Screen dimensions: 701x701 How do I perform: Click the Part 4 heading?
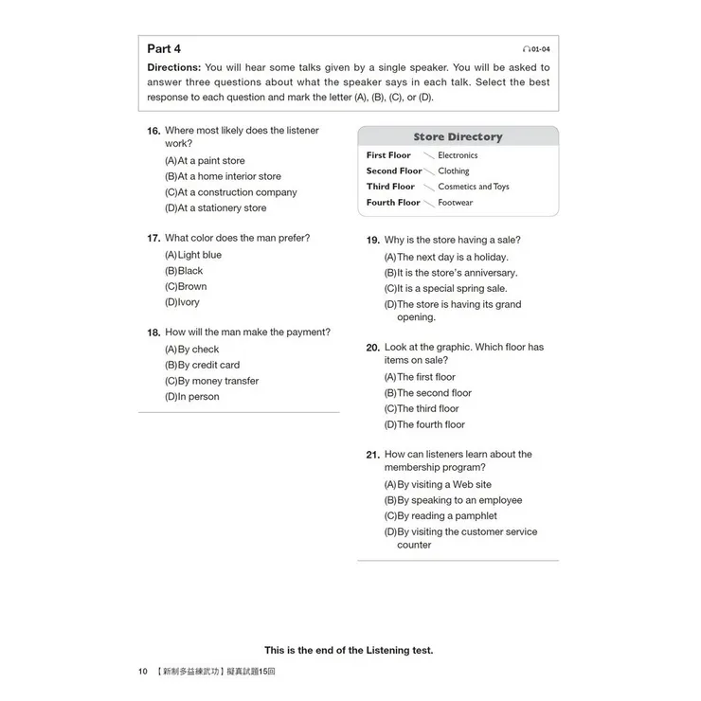(164, 48)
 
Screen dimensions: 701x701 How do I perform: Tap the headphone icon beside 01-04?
(526, 49)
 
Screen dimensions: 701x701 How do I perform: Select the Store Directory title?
(458, 136)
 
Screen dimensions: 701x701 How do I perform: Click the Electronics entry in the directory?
(458, 155)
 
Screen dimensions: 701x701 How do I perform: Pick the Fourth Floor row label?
(393, 203)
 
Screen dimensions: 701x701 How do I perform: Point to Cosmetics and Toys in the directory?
(473, 187)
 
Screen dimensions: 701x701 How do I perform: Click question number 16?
(153, 131)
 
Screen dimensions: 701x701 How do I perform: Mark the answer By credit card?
(202, 365)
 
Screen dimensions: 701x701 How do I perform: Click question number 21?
(372, 456)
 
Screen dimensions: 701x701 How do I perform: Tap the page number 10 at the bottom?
(142, 672)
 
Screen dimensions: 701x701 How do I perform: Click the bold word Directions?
(174, 68)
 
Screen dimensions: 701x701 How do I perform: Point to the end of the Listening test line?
(349, 650)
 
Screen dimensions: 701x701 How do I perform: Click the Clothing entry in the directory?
(454, 171)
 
